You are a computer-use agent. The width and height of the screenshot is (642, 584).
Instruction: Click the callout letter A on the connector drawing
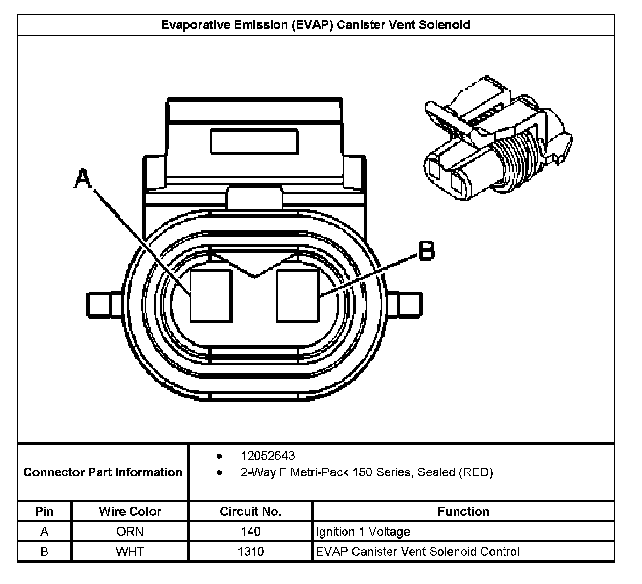pyautogui.click(x=83, y=179)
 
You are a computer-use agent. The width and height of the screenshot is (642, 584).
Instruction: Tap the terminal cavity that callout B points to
pyautogui.click(x=298, y=296)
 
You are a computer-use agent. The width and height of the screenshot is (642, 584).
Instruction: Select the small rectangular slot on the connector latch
pyautogui.click(x=254, y=141)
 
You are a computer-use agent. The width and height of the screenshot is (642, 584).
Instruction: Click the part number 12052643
pyautogui.click(x=267, y=456)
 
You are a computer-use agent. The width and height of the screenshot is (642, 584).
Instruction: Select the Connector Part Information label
pyautogui.click(x=103, y=472)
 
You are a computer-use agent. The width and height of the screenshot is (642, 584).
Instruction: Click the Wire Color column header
pyautogui.click(x=130, y=511)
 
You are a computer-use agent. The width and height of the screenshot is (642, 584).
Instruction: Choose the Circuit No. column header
pyautogui.click(x=251, y=511)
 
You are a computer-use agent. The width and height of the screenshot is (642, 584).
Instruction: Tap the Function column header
pyautogui.click(x=463, y=511)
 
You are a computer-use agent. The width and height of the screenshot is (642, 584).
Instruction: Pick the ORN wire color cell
pyautogui.click(x=130, y=531)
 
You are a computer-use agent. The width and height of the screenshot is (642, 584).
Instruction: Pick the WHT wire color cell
pyautogui.click(x=130, y=551)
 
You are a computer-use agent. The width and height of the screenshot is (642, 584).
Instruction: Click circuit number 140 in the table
pyautogui.click(x=251, y=531)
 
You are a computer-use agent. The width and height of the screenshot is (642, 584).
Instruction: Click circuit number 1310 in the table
pyautogui.click(x=251, y=551)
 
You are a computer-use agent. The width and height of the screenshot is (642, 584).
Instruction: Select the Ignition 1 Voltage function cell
pyautogui.click(x=363, y=531)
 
